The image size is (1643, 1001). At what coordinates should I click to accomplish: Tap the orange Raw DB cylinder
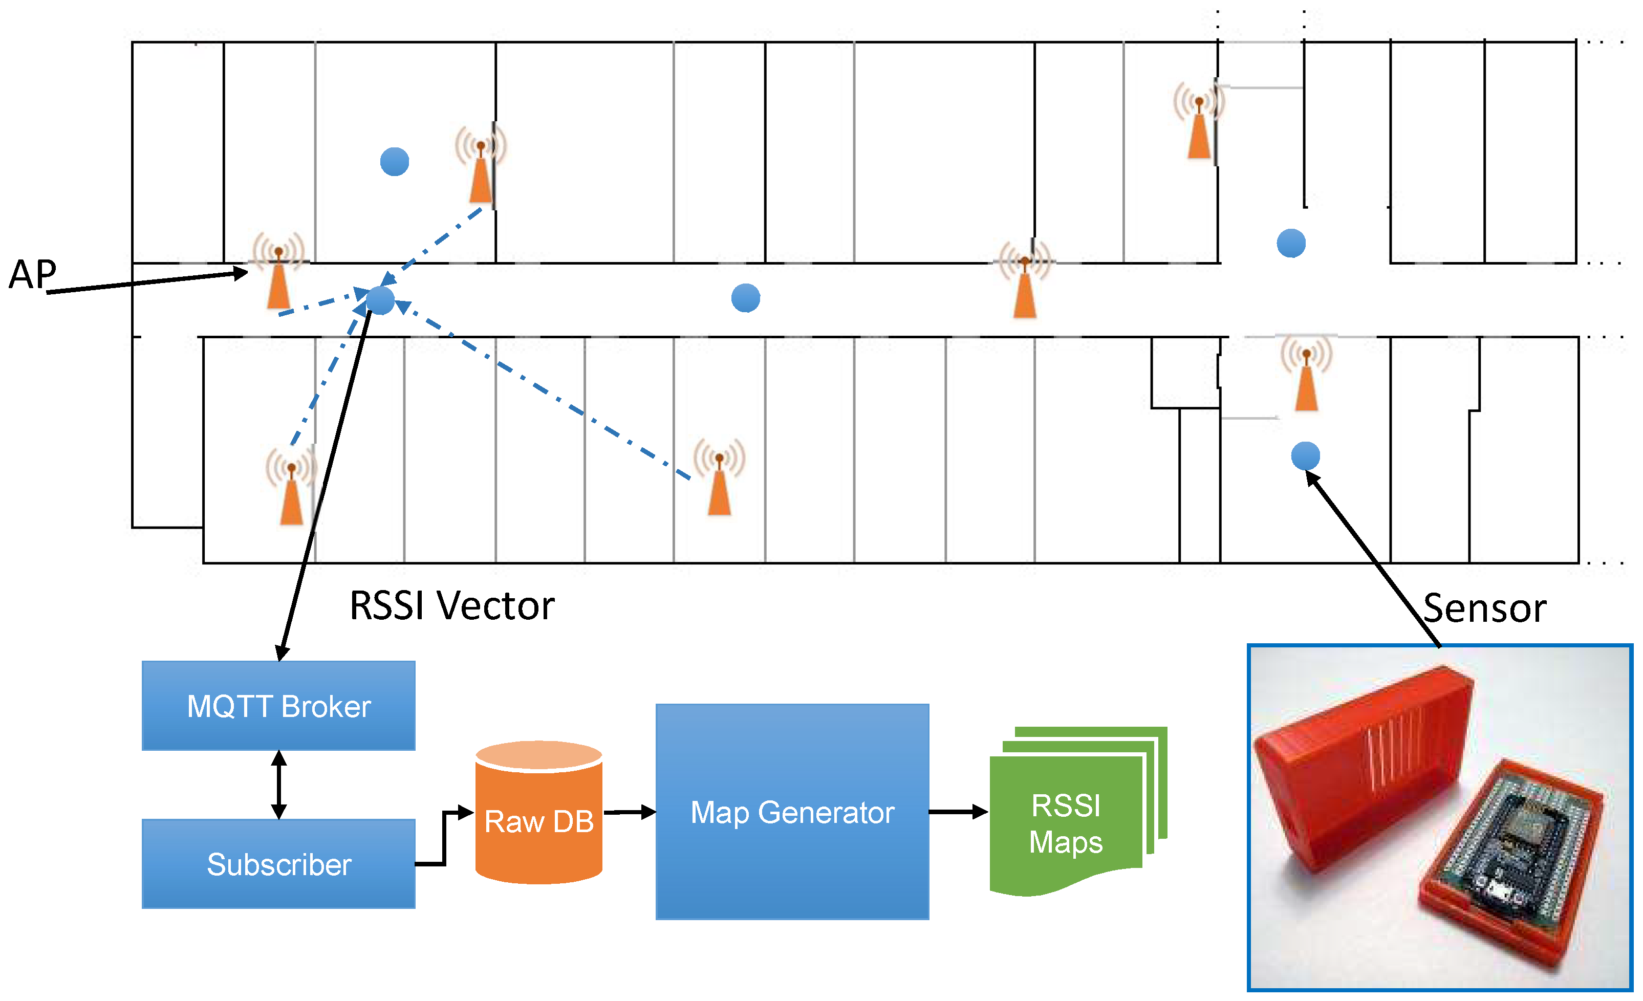[539, 814]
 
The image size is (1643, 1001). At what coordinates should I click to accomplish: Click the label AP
[32, 274]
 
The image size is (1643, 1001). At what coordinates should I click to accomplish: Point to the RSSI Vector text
[451, 605]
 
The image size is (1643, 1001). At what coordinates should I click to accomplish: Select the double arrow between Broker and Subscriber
[279, 785]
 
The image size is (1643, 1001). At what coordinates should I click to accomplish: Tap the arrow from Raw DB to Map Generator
[629, 812]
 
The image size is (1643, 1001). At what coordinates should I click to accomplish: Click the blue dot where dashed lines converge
[381, 300]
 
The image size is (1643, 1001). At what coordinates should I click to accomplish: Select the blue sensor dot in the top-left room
[394, 161]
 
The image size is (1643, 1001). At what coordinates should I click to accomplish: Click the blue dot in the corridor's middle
[745, 297]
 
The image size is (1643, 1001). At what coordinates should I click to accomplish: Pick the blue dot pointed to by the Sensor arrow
[1305, 456]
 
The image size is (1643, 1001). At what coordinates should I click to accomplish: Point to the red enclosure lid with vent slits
[1360, 767]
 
